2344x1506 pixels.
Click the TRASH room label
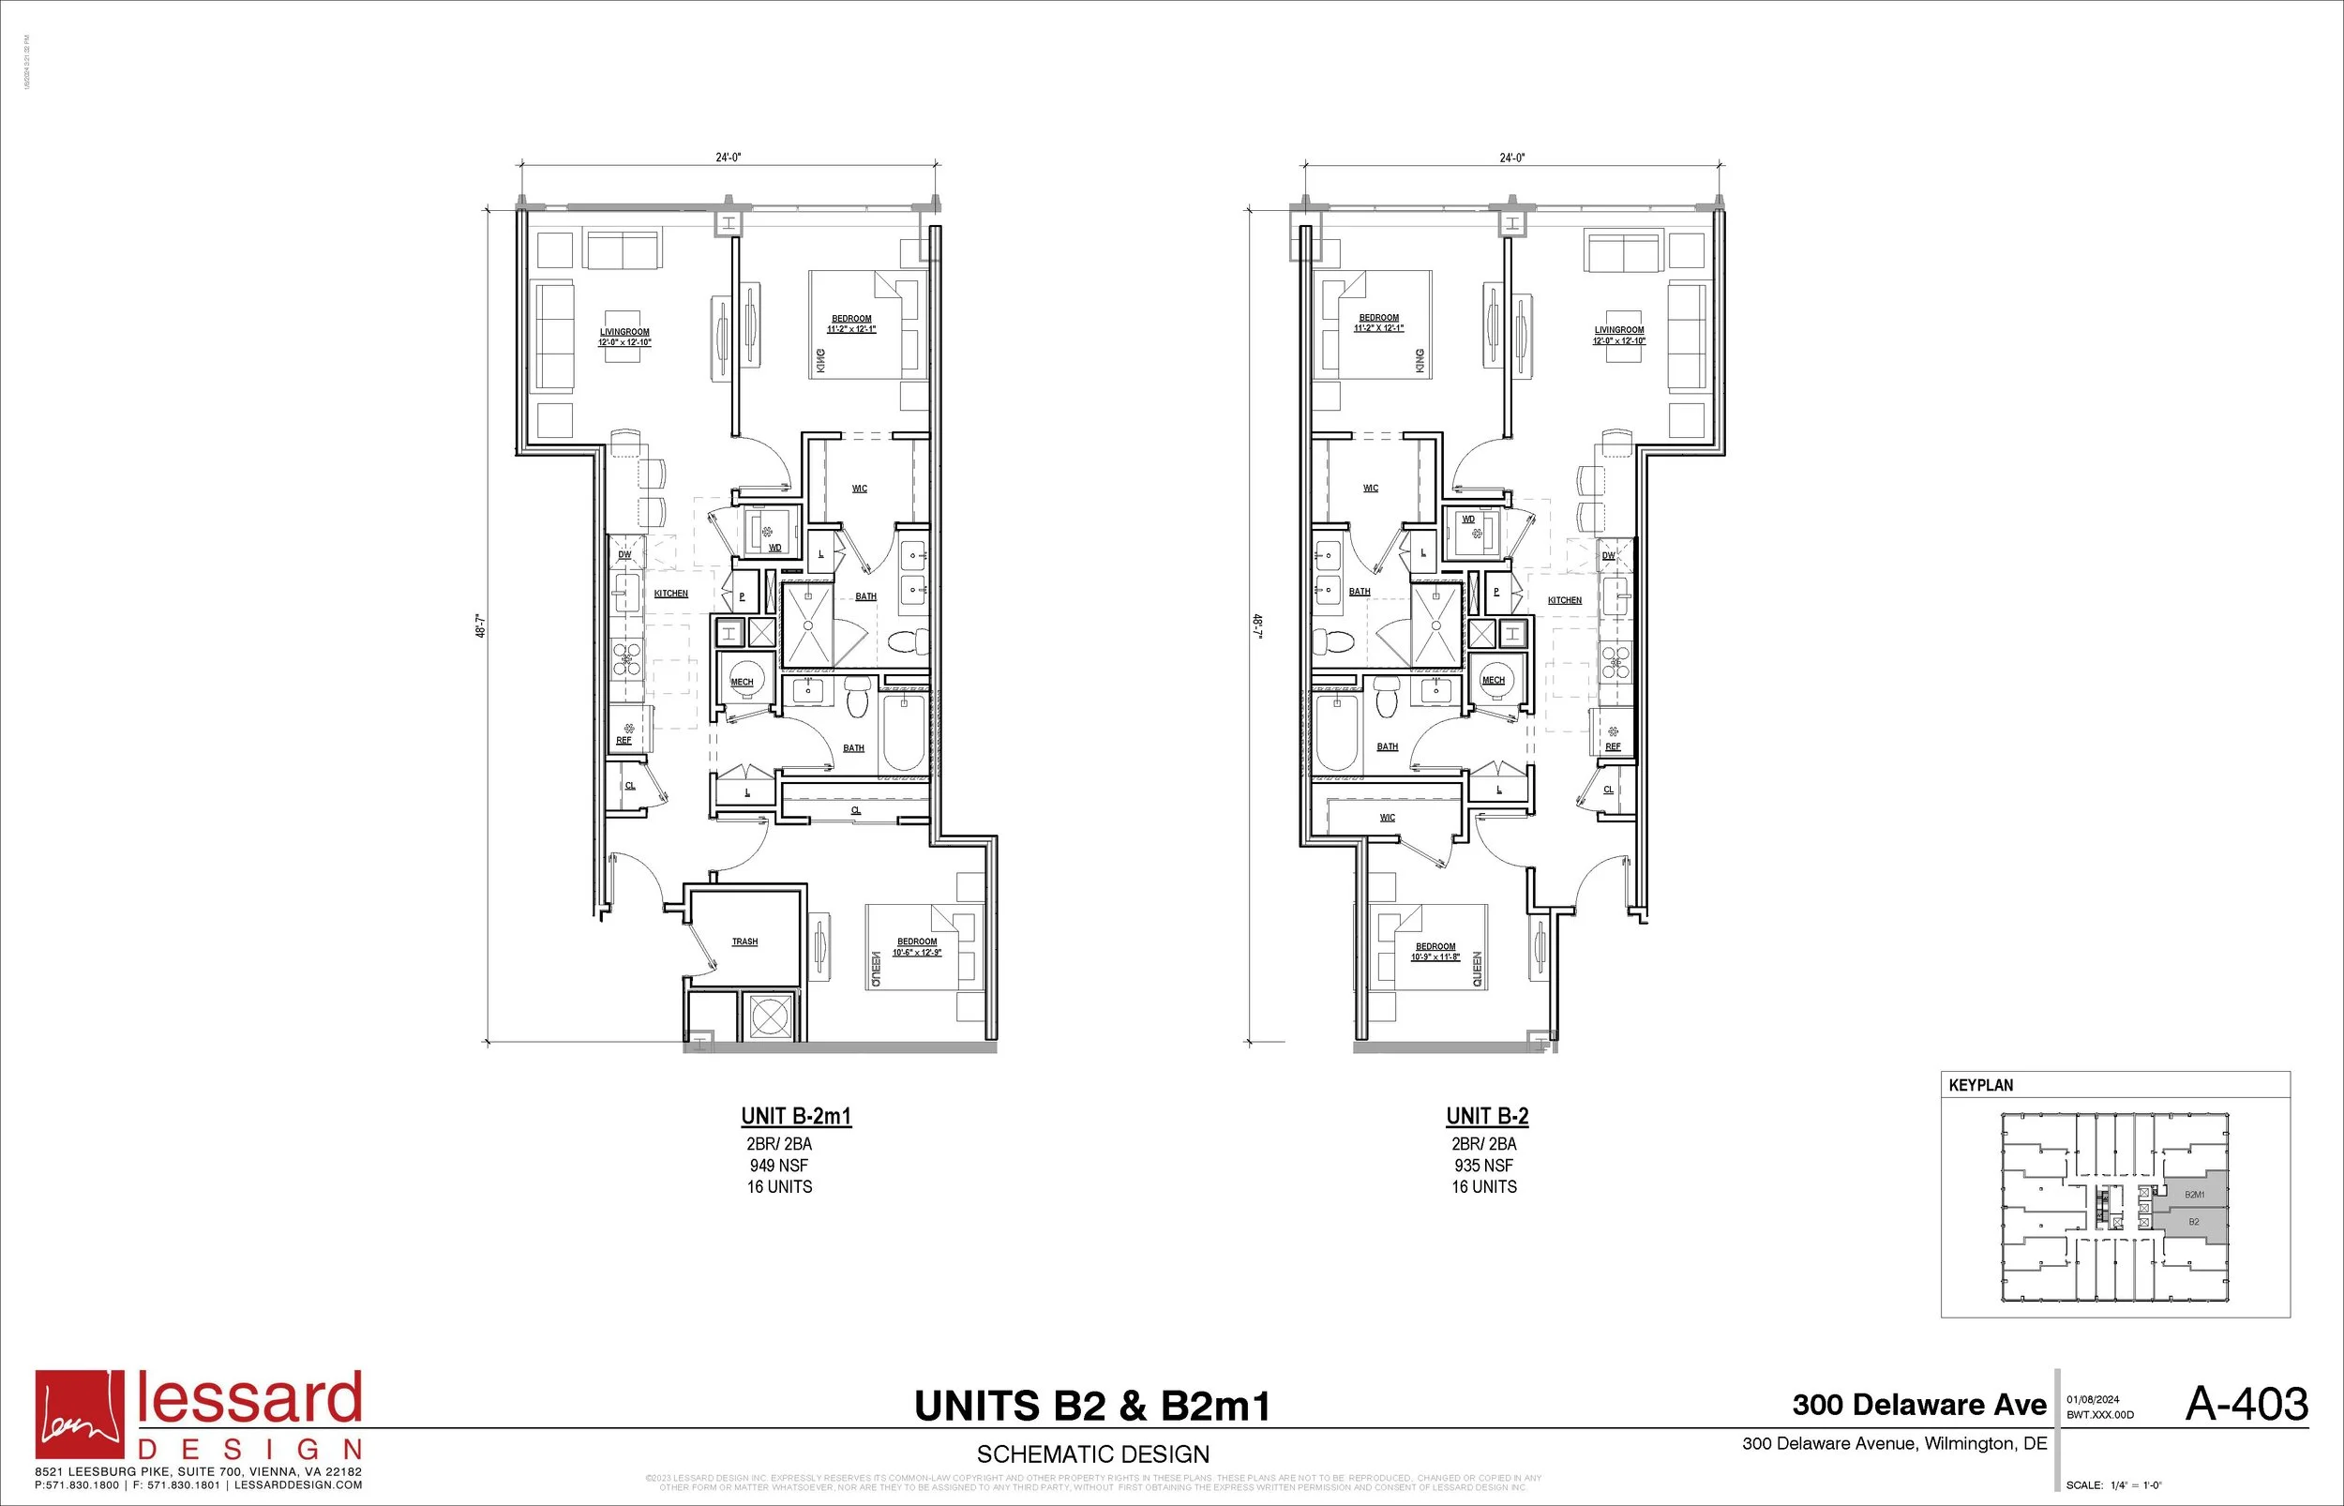point(744,941)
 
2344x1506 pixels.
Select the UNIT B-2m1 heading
point(796,1116)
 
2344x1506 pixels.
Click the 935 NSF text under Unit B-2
point(1483,1166)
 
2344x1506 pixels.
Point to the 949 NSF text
point(778,1166)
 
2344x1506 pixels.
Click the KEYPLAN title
point(1980,1086)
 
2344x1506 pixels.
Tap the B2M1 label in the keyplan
point(2194,1195)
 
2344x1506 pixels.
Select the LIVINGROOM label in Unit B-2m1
point(624,333)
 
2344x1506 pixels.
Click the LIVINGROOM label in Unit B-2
point(1618,330)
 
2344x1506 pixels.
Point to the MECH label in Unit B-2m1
point(742,683)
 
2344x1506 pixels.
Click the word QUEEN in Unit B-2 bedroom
point(1477,969)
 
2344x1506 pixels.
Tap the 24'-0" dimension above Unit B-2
point(1512,158)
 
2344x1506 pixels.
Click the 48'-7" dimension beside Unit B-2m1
point(480,625)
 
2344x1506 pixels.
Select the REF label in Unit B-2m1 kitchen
point(624,741)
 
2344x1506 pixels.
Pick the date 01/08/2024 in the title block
point(2093,1399)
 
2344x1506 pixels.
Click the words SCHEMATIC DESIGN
point(1093,1454)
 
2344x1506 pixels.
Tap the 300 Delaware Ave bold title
point(1918,1406)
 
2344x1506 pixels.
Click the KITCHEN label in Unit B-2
point(1564,600)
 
